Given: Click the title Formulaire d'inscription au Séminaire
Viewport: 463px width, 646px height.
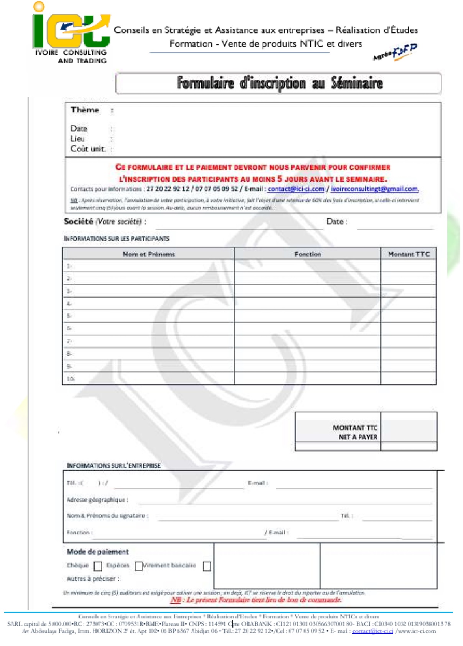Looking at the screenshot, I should coord(279,83).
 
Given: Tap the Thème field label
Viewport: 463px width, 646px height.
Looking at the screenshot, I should coord(85,110).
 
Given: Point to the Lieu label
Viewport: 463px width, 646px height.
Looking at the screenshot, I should coord(77,139).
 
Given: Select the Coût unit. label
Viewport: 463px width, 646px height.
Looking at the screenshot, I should coord(88,149).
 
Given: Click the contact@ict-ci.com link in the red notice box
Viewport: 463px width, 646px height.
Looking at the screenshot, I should coord(296,189).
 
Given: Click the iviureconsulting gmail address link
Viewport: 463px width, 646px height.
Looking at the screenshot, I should coord(374,189).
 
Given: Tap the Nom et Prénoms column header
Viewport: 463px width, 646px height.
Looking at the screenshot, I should coord(148,254).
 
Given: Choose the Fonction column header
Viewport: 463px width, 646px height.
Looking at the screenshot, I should coord(307,254).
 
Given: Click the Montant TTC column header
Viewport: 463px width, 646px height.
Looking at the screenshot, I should coord(409,254).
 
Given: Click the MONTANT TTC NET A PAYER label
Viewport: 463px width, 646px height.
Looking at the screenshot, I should coord(355,432).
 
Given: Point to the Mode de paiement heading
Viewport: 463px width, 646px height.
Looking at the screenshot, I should coord(98,552).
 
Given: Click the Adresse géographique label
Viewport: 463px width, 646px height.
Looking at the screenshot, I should coord(97,500).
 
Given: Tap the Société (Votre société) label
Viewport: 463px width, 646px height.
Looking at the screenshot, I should coord(104,221).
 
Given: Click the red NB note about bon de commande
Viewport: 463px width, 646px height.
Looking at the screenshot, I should coord(256,600).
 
